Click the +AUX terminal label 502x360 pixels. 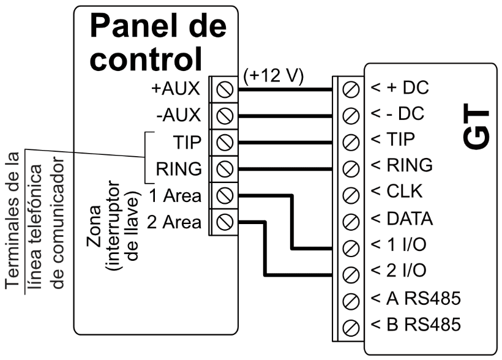click(x=176, y=89)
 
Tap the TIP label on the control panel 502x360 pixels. click(x=187, y=142)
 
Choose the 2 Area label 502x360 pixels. click(x=174, y=222)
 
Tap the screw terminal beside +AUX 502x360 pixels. click(x=225, y=89)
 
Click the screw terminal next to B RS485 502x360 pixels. click(x=351, y=326)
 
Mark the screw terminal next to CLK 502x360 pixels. click(x=351, y=194)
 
